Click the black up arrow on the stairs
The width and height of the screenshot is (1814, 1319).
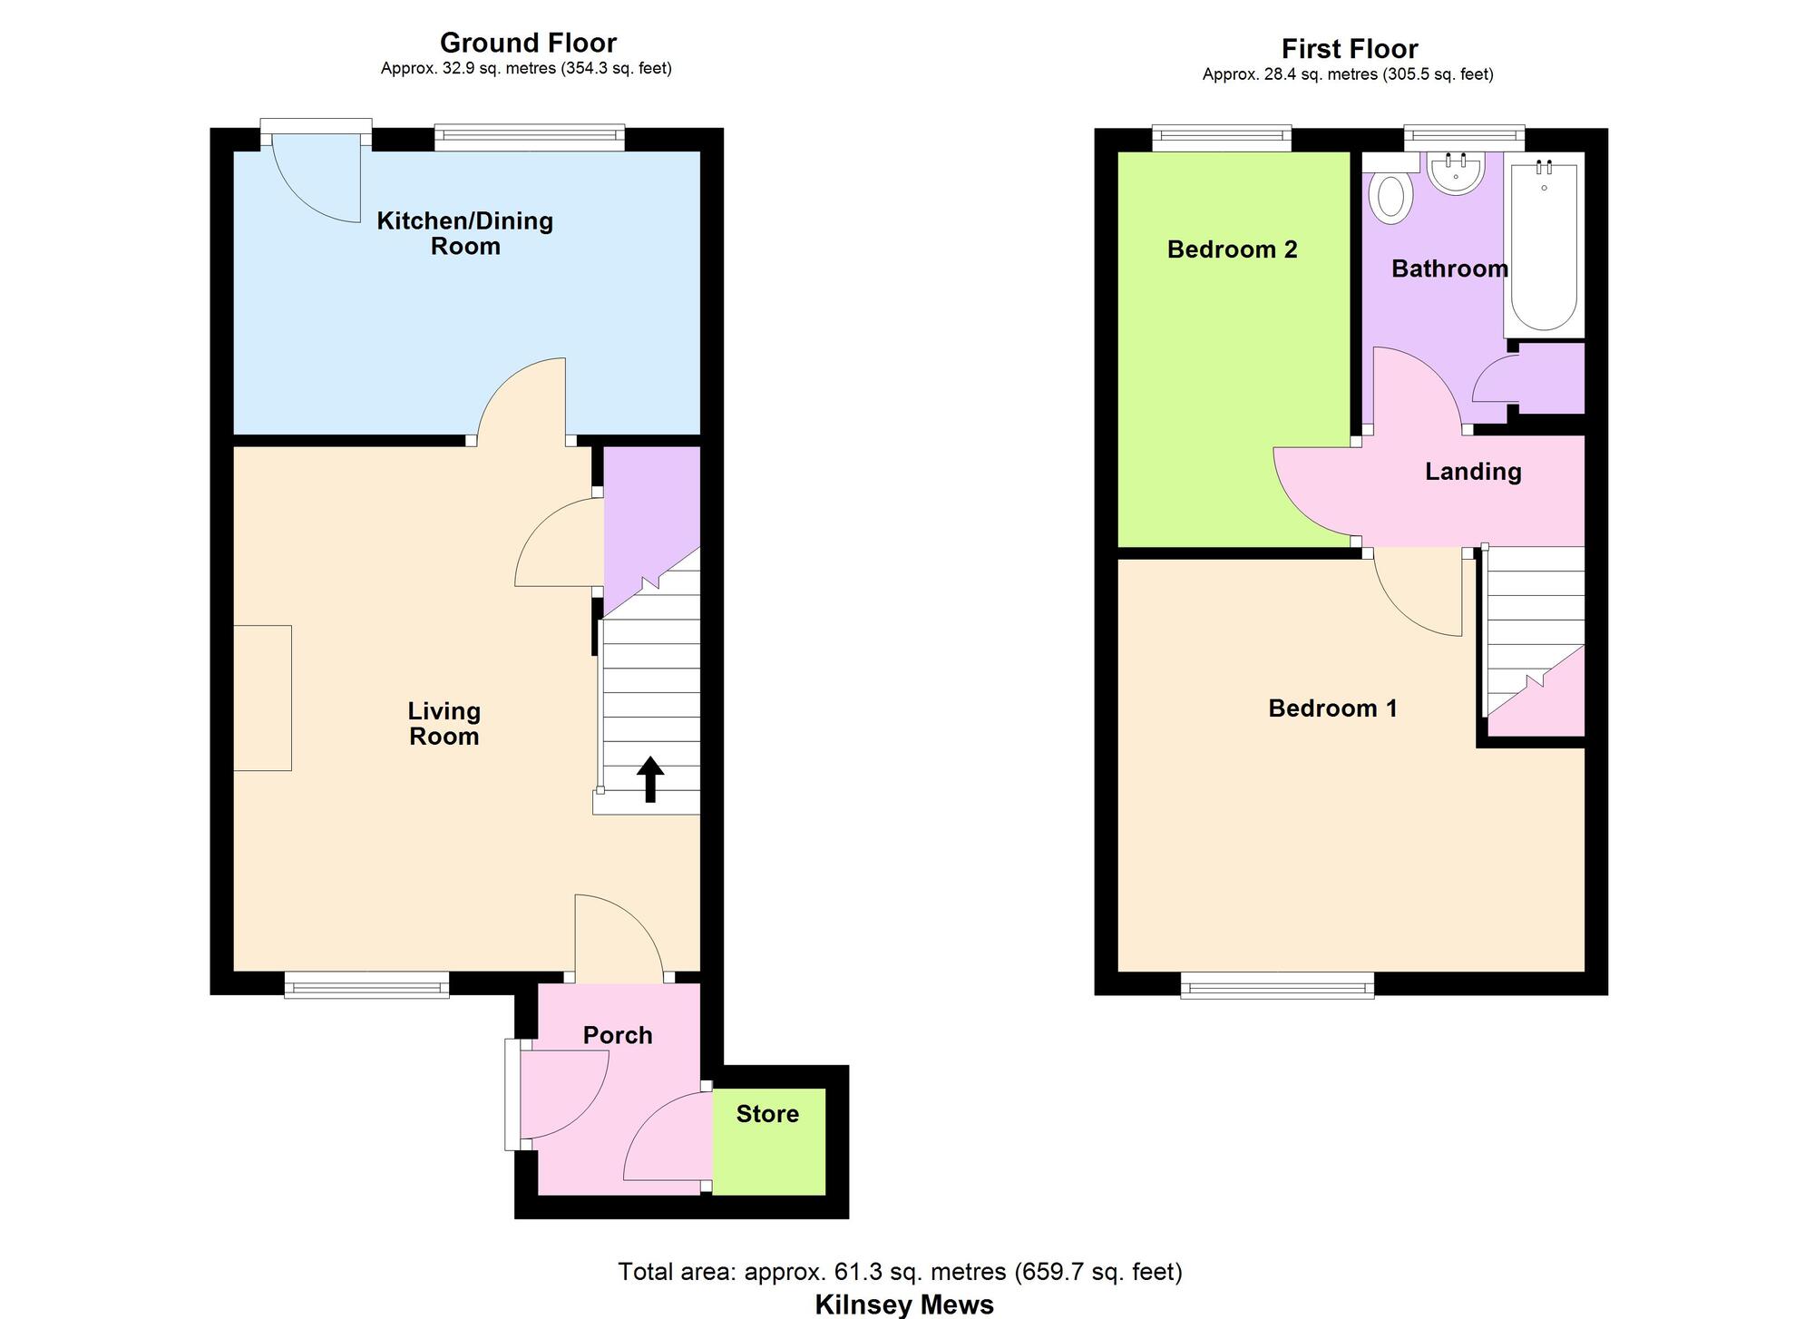[x=650, y=779]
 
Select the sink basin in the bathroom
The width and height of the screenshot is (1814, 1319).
[x=1456, y=171]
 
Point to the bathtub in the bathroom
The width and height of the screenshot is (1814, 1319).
[x=1544, y=245]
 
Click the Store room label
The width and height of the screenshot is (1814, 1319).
[x=767, y=1114]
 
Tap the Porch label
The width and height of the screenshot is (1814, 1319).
[x=618, y=1035]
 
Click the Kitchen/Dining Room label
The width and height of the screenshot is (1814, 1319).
[x=464, y=233]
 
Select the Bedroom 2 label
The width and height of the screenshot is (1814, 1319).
[x=1232, y=249]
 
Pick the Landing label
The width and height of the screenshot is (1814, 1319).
[x=1472, y=472]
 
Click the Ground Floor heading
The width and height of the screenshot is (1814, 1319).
[x=528, y=43]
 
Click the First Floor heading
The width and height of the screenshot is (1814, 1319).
[x=1349, y=49]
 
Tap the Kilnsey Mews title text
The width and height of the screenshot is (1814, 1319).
[x=904, y=1304]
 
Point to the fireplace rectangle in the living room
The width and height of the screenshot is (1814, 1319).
[x=262, y=698]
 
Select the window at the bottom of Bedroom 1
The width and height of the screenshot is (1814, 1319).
[x=1277, y=985]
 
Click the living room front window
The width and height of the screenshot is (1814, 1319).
[x=366, y=985]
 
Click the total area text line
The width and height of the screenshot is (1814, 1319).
[x=900, y=1272]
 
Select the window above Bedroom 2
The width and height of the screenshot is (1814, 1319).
[x=1222, y=138]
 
